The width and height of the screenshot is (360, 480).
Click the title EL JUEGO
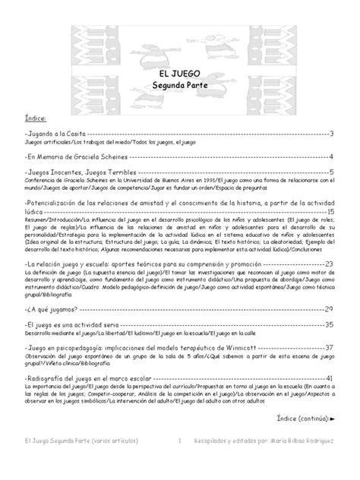pos(179,73)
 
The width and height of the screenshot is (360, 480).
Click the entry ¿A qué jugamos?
pos(50,310)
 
